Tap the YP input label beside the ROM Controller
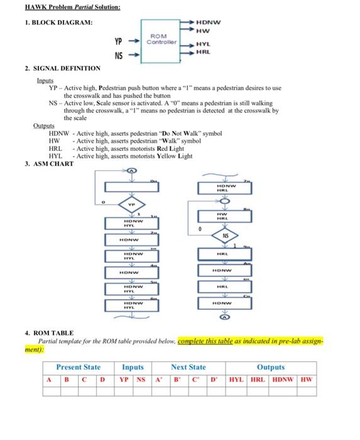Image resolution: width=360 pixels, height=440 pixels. point(117,42)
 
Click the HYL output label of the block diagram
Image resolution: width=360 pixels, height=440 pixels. point(203,44)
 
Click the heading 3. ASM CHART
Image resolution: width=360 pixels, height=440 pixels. point(49,164)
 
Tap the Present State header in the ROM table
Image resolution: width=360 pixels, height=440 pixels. point(78,367)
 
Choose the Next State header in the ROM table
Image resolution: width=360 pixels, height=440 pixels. point(188,367)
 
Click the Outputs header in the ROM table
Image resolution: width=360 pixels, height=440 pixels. point(270,367)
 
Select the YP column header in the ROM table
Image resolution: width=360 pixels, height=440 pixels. point(124,379)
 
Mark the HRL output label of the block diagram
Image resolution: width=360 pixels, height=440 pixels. point(203,52)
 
